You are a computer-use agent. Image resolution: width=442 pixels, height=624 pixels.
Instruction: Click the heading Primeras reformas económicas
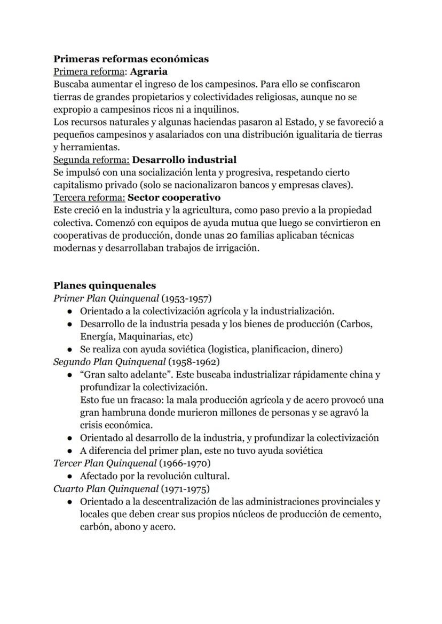(x=131, y=59)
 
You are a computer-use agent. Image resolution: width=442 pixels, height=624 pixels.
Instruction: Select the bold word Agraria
(x=148, y=72)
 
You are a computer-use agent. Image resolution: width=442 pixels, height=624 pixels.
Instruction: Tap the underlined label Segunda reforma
(x=91, y=160)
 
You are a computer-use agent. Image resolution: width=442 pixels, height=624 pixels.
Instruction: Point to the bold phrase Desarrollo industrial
(x=184, y=160)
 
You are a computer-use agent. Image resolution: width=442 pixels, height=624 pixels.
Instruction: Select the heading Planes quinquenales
(x=105, y=286)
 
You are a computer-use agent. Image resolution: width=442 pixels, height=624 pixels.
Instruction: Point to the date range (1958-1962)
(x=194, y=361)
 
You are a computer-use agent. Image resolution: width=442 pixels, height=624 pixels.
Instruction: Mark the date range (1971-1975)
(x=184, y=488)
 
